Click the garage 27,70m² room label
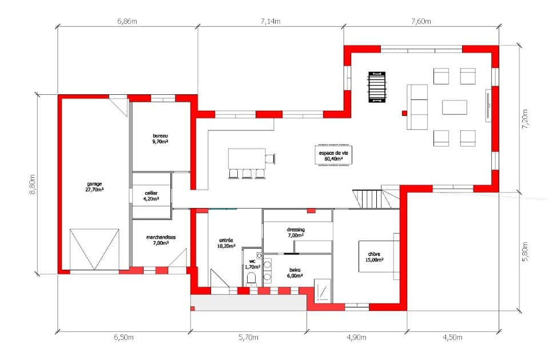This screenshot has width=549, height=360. point(94,186)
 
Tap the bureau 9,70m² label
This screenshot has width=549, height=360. point(160,138)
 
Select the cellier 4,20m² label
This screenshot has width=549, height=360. point(151,195)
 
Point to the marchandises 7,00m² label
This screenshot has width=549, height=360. point(161,239)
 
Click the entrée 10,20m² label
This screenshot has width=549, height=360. point(226,243)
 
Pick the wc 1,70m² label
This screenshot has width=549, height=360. point(252,264)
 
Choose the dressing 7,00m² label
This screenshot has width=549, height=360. point(296,233)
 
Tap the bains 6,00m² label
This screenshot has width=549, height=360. point(295,273)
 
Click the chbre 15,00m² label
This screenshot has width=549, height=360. point(374,257)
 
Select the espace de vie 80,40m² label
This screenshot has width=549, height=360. point(333,155)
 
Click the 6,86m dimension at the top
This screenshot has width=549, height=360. point(127,21)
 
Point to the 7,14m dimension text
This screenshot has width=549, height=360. point(270,21)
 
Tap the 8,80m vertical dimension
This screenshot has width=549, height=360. point(32,185)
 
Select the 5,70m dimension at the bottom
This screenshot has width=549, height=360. point(249,337)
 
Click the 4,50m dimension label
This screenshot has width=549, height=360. point(452,337)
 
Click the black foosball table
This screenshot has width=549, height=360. point(377,87)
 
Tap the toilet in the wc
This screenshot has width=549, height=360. point(252,279)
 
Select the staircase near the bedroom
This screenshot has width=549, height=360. point(376,199)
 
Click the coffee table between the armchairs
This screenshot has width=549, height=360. point(455,107)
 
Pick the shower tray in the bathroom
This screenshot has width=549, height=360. point(323,291)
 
